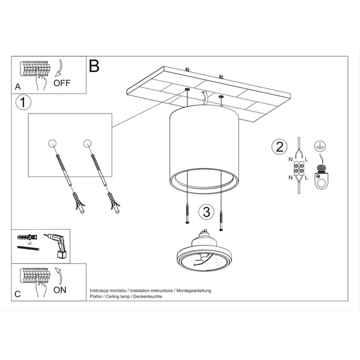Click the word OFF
62,83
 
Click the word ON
59,290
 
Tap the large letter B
94,66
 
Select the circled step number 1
23,102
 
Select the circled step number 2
279,147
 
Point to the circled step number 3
206,212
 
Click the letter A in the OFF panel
17,87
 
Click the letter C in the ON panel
17,294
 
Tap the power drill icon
56,246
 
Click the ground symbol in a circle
320,146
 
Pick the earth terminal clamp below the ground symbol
321,176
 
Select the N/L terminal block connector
298,169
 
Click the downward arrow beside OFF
59,68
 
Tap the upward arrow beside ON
59,276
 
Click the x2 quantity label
29,244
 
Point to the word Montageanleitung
194,290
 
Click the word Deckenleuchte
148,296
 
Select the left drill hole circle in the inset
52,143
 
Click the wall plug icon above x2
27,237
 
